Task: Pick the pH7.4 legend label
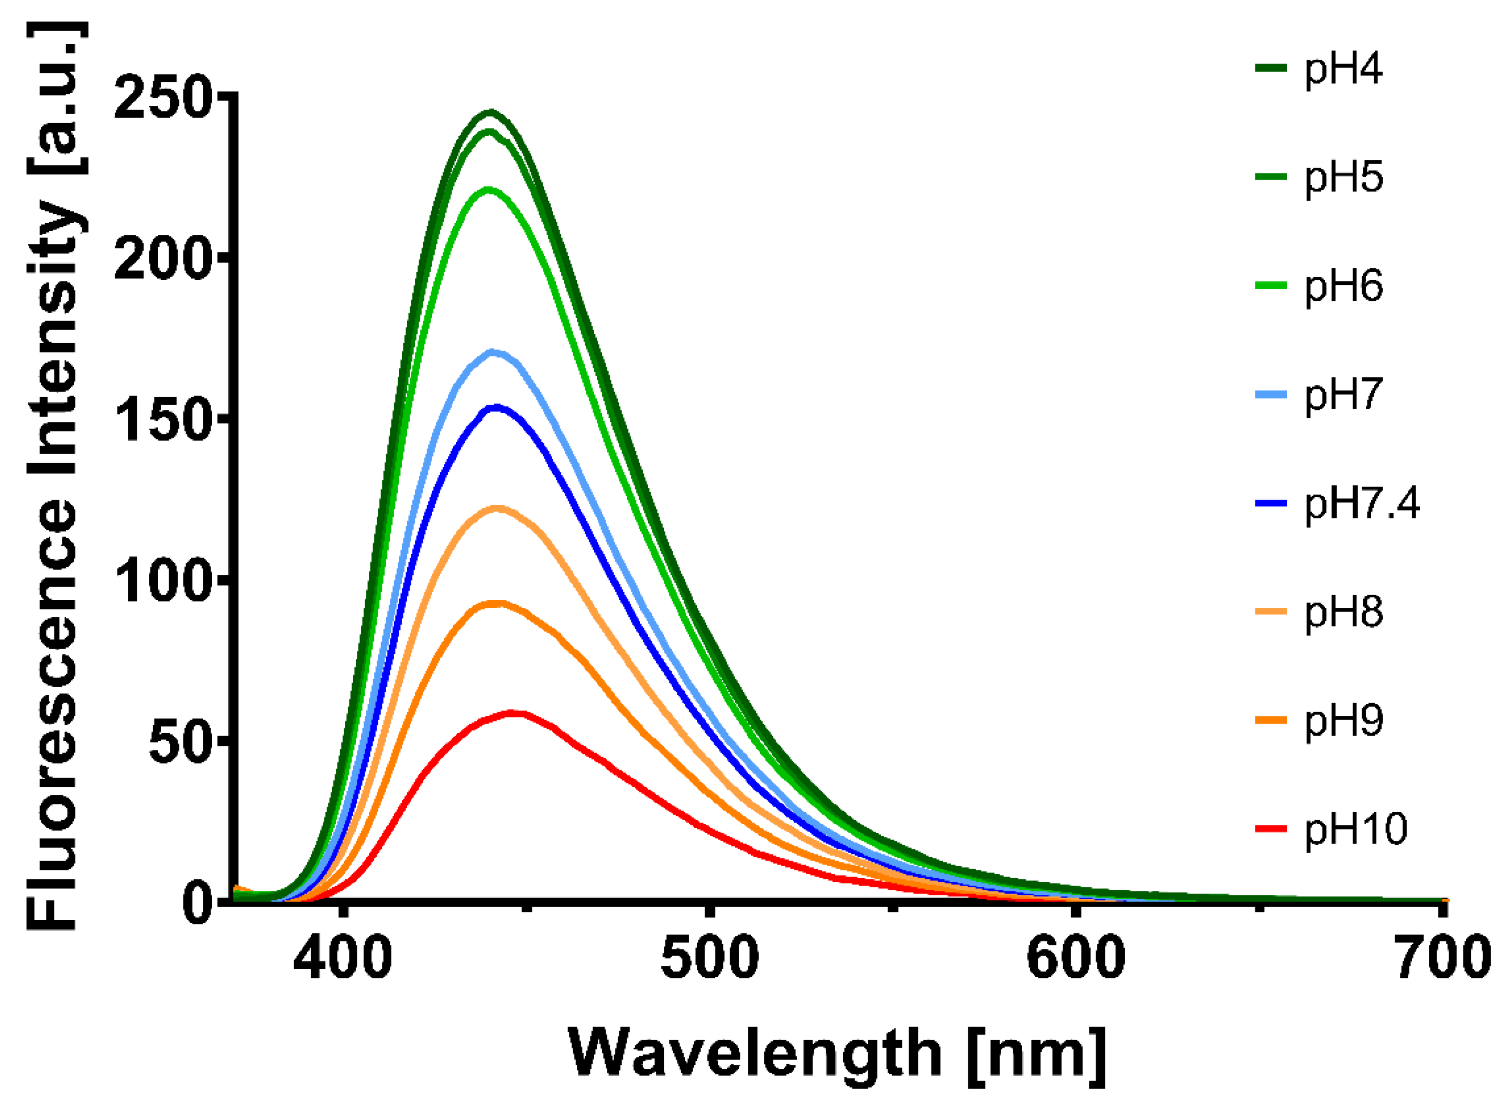coord(1361,503)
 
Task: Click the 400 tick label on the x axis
coord(343,958)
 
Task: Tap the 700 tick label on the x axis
coord(1442,958)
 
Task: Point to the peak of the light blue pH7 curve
coord(493,352)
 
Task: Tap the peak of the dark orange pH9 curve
coord(497,603)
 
